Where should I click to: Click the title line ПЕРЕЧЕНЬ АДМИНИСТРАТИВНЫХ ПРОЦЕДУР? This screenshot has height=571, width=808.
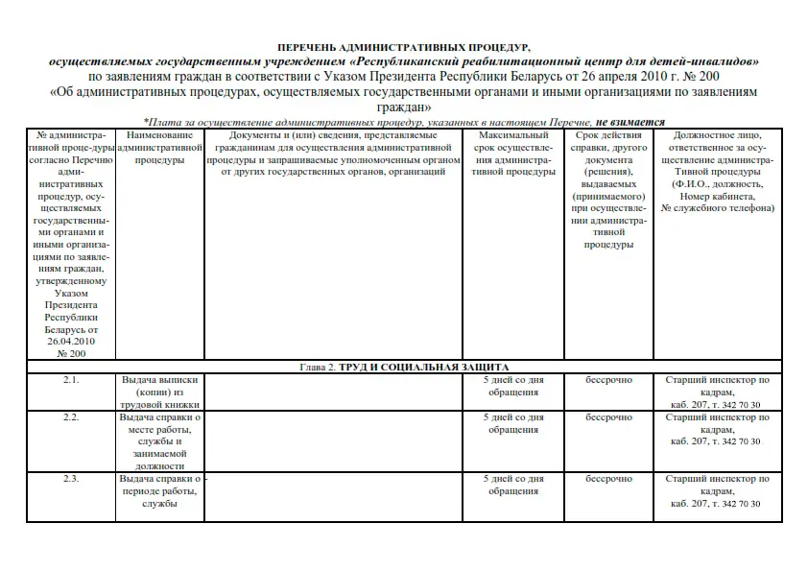point(403,46)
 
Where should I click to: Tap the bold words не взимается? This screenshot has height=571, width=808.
point(630,123)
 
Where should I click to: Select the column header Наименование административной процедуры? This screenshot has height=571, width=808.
point(160,148)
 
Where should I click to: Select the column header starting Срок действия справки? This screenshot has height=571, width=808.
point(609,190)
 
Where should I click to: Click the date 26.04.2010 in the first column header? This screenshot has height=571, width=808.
point(71,341)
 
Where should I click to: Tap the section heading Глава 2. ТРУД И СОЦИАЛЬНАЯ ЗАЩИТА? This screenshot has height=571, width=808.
point(404,367)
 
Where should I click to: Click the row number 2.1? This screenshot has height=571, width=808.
point(71,380)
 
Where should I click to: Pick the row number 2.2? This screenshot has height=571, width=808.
point(71,417)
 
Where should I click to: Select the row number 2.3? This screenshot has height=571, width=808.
point(71,478)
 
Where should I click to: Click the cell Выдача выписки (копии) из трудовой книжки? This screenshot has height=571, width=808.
point(160,393)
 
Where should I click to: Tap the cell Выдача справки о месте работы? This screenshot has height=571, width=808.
point(160,441)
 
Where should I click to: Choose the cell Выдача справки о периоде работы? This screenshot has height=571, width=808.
point(160,490)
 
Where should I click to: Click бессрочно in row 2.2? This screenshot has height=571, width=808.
point(609,417)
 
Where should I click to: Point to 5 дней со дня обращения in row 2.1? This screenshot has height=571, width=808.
point(512,386)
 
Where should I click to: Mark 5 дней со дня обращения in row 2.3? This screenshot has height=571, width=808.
point(512,485)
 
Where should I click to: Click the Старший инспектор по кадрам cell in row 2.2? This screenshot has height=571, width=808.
point(718,429)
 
